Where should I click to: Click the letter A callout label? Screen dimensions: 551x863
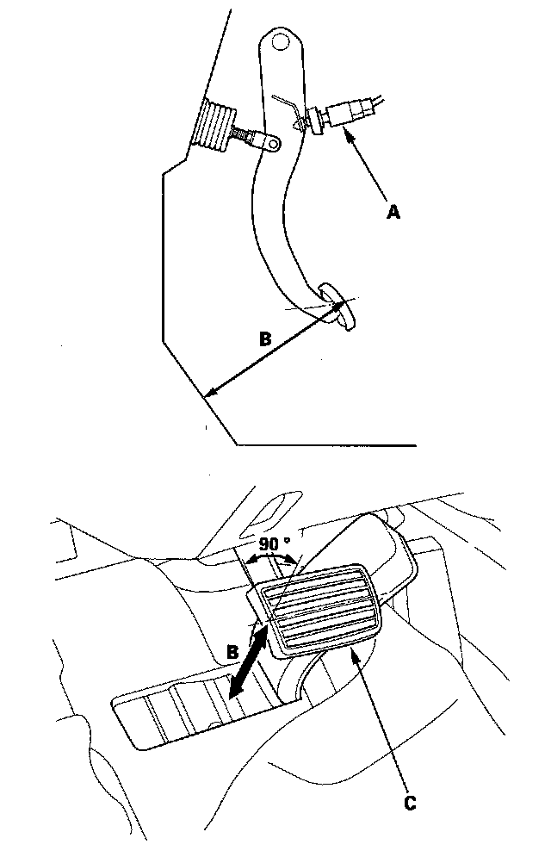[x=393, y=211]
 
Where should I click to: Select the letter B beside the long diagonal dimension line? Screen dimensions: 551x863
[x=266, y=340]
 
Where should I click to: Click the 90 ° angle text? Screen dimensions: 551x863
[x=274, y=544]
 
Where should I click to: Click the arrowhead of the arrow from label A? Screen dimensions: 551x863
[x=348, y=131]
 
